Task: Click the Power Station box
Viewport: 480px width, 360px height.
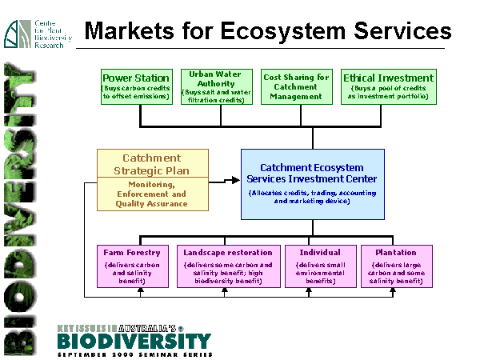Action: (137, 87)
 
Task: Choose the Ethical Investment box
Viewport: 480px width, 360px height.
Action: (388, 87)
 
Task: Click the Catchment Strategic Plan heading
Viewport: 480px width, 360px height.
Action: (152, 163)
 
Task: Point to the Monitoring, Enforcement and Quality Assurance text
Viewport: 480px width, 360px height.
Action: (152, 194)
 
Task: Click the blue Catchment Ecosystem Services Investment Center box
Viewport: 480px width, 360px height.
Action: (313, 184)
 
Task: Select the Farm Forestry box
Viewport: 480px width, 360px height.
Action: (132, 266)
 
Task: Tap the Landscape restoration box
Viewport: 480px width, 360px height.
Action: (228, 266)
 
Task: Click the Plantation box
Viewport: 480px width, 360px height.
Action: (396, 266)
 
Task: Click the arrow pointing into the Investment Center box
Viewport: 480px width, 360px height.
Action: (235, 178)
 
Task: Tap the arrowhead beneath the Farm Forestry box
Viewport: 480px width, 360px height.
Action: (140, 291)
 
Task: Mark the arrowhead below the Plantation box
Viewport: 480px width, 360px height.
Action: (394, 291)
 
